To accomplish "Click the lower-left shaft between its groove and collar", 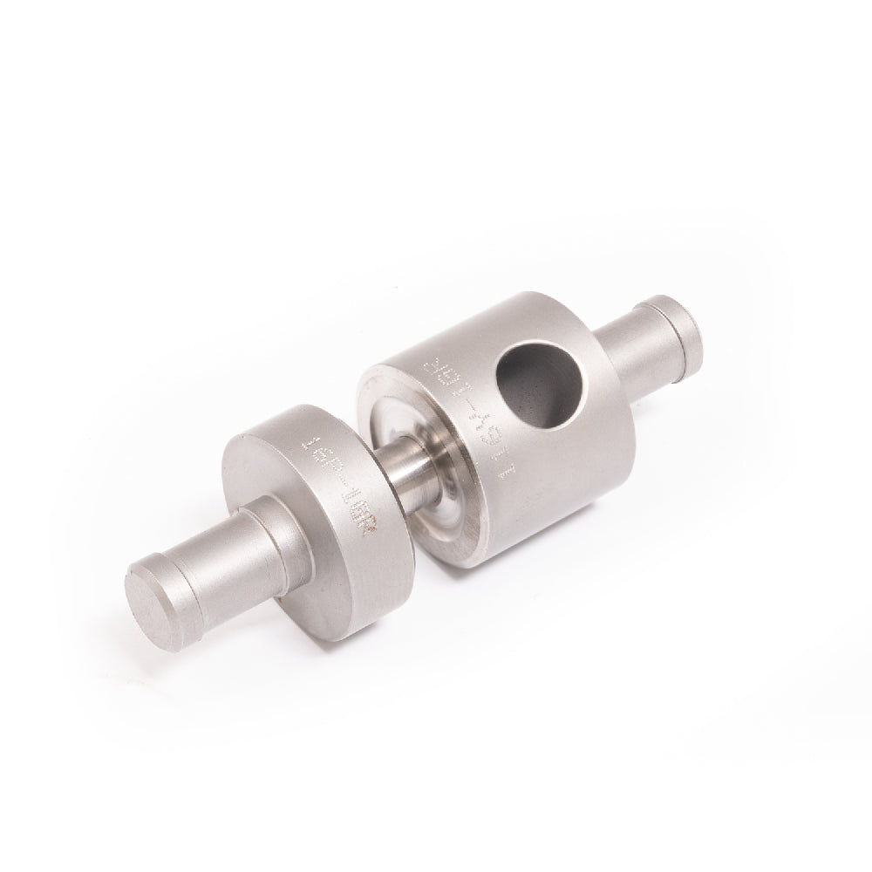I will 227,558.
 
